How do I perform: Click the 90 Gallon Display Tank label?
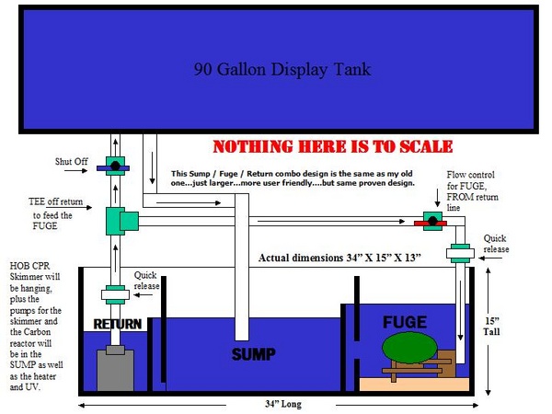[x=282, y=69]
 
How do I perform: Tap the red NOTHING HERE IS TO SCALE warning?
[x=333, y=146]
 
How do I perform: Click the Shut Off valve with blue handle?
[x=113, y=167]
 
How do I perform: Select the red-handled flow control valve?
[x=432, y=222]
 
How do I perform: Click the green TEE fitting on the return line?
[x=121, y=221]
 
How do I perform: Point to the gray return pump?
[x=115, y=368]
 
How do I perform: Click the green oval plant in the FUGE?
[x=409, y=348]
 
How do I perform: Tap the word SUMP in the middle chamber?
[x=254, y=354]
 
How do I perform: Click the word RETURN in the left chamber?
[x=118, y=324]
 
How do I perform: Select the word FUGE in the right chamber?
[x=405, y=322]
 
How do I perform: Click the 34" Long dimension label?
[x=283, y=404]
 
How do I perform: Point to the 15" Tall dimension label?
[x=491, y=327]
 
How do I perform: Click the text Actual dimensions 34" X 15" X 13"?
[x=339, y=258]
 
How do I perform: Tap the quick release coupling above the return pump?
[x=115, y=294]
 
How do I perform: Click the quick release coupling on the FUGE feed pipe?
[x=460, y=254]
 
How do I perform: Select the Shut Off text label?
[x=71, y=162]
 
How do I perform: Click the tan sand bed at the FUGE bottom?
[x=414, y=384]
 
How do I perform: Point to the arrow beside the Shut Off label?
[x=75, y=171]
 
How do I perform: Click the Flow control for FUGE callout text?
[x=472, y=191]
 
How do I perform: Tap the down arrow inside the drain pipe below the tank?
[x=152, y=167]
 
